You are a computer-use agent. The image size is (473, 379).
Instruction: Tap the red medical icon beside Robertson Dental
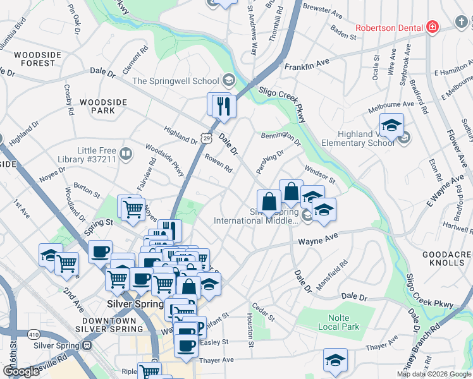(x=433, y=27)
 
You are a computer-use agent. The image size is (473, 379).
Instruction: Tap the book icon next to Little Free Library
(x=126, y=153)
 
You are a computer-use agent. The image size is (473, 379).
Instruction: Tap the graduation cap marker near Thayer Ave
(x=335, y=359)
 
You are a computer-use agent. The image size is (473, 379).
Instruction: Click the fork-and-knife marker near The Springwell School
(x=223, y=105)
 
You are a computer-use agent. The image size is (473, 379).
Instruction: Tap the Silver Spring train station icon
(x=87, y=346)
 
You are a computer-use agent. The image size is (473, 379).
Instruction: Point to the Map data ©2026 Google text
(x=433, y=374)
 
